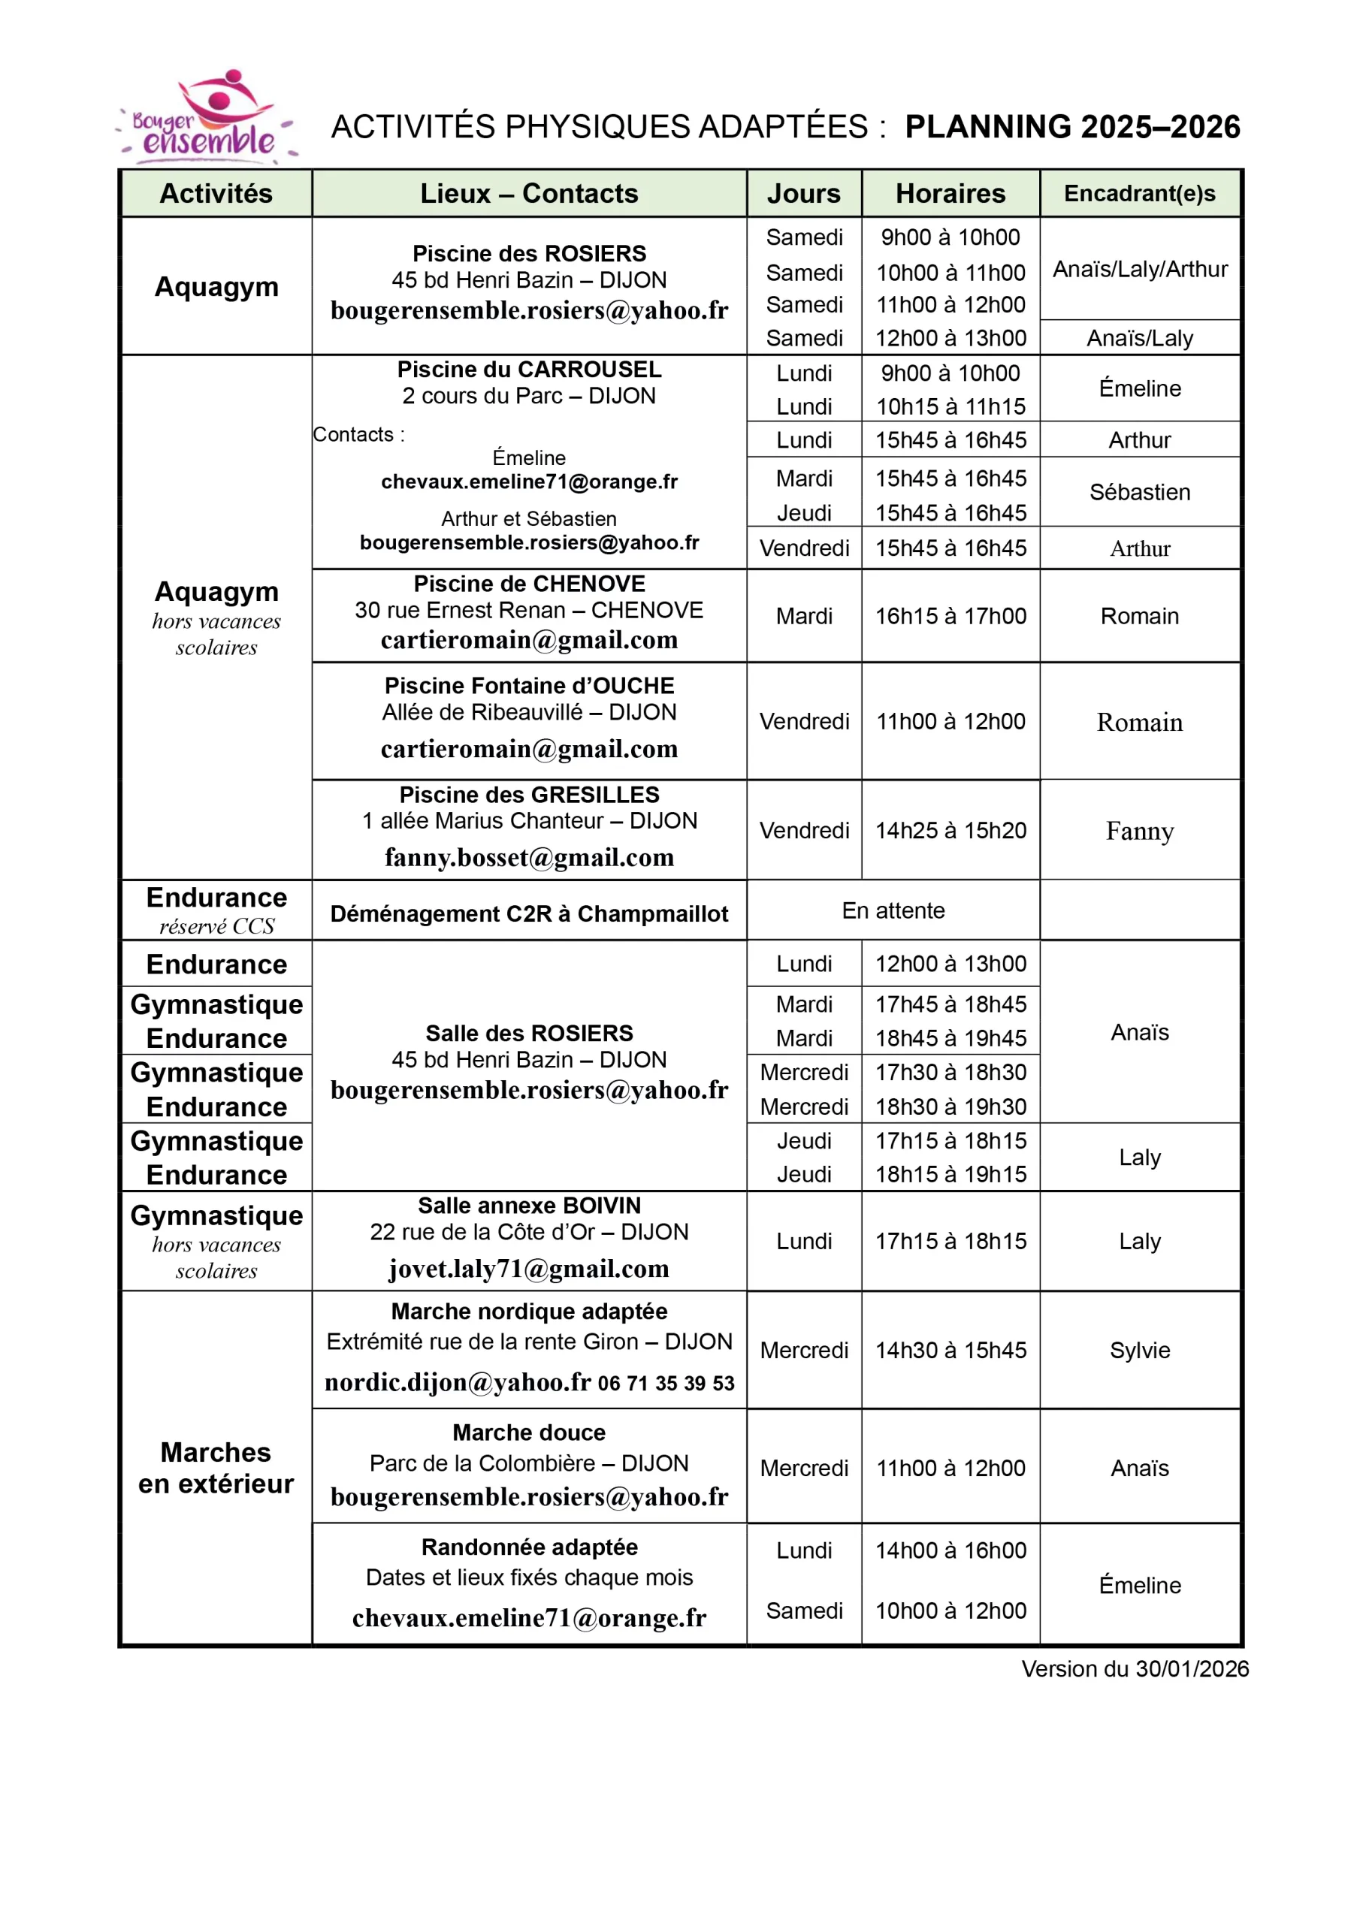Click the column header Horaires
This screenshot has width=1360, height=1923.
point(950,194)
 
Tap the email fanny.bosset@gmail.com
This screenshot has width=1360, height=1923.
point(529,857)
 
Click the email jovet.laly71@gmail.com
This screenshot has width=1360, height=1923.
point(529,1269)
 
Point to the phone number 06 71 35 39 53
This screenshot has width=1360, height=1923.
point(666,1384)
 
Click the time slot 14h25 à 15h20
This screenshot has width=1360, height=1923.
point(950,830)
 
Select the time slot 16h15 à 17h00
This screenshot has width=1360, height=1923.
point(950,616)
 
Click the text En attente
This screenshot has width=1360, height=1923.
point(893,910)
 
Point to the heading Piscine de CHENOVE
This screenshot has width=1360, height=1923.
point(529,584)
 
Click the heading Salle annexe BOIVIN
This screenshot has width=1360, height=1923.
point(529,1205)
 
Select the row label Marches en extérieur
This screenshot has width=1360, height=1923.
point(216,1467)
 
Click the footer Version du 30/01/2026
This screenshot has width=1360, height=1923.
point(1135,1669)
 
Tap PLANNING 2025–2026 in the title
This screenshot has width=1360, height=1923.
point(1071,126)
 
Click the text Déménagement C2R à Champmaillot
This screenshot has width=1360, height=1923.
point(529,913)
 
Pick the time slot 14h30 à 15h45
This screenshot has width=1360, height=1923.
point(950,1350)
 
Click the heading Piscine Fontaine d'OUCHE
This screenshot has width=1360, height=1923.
point(529,686)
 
